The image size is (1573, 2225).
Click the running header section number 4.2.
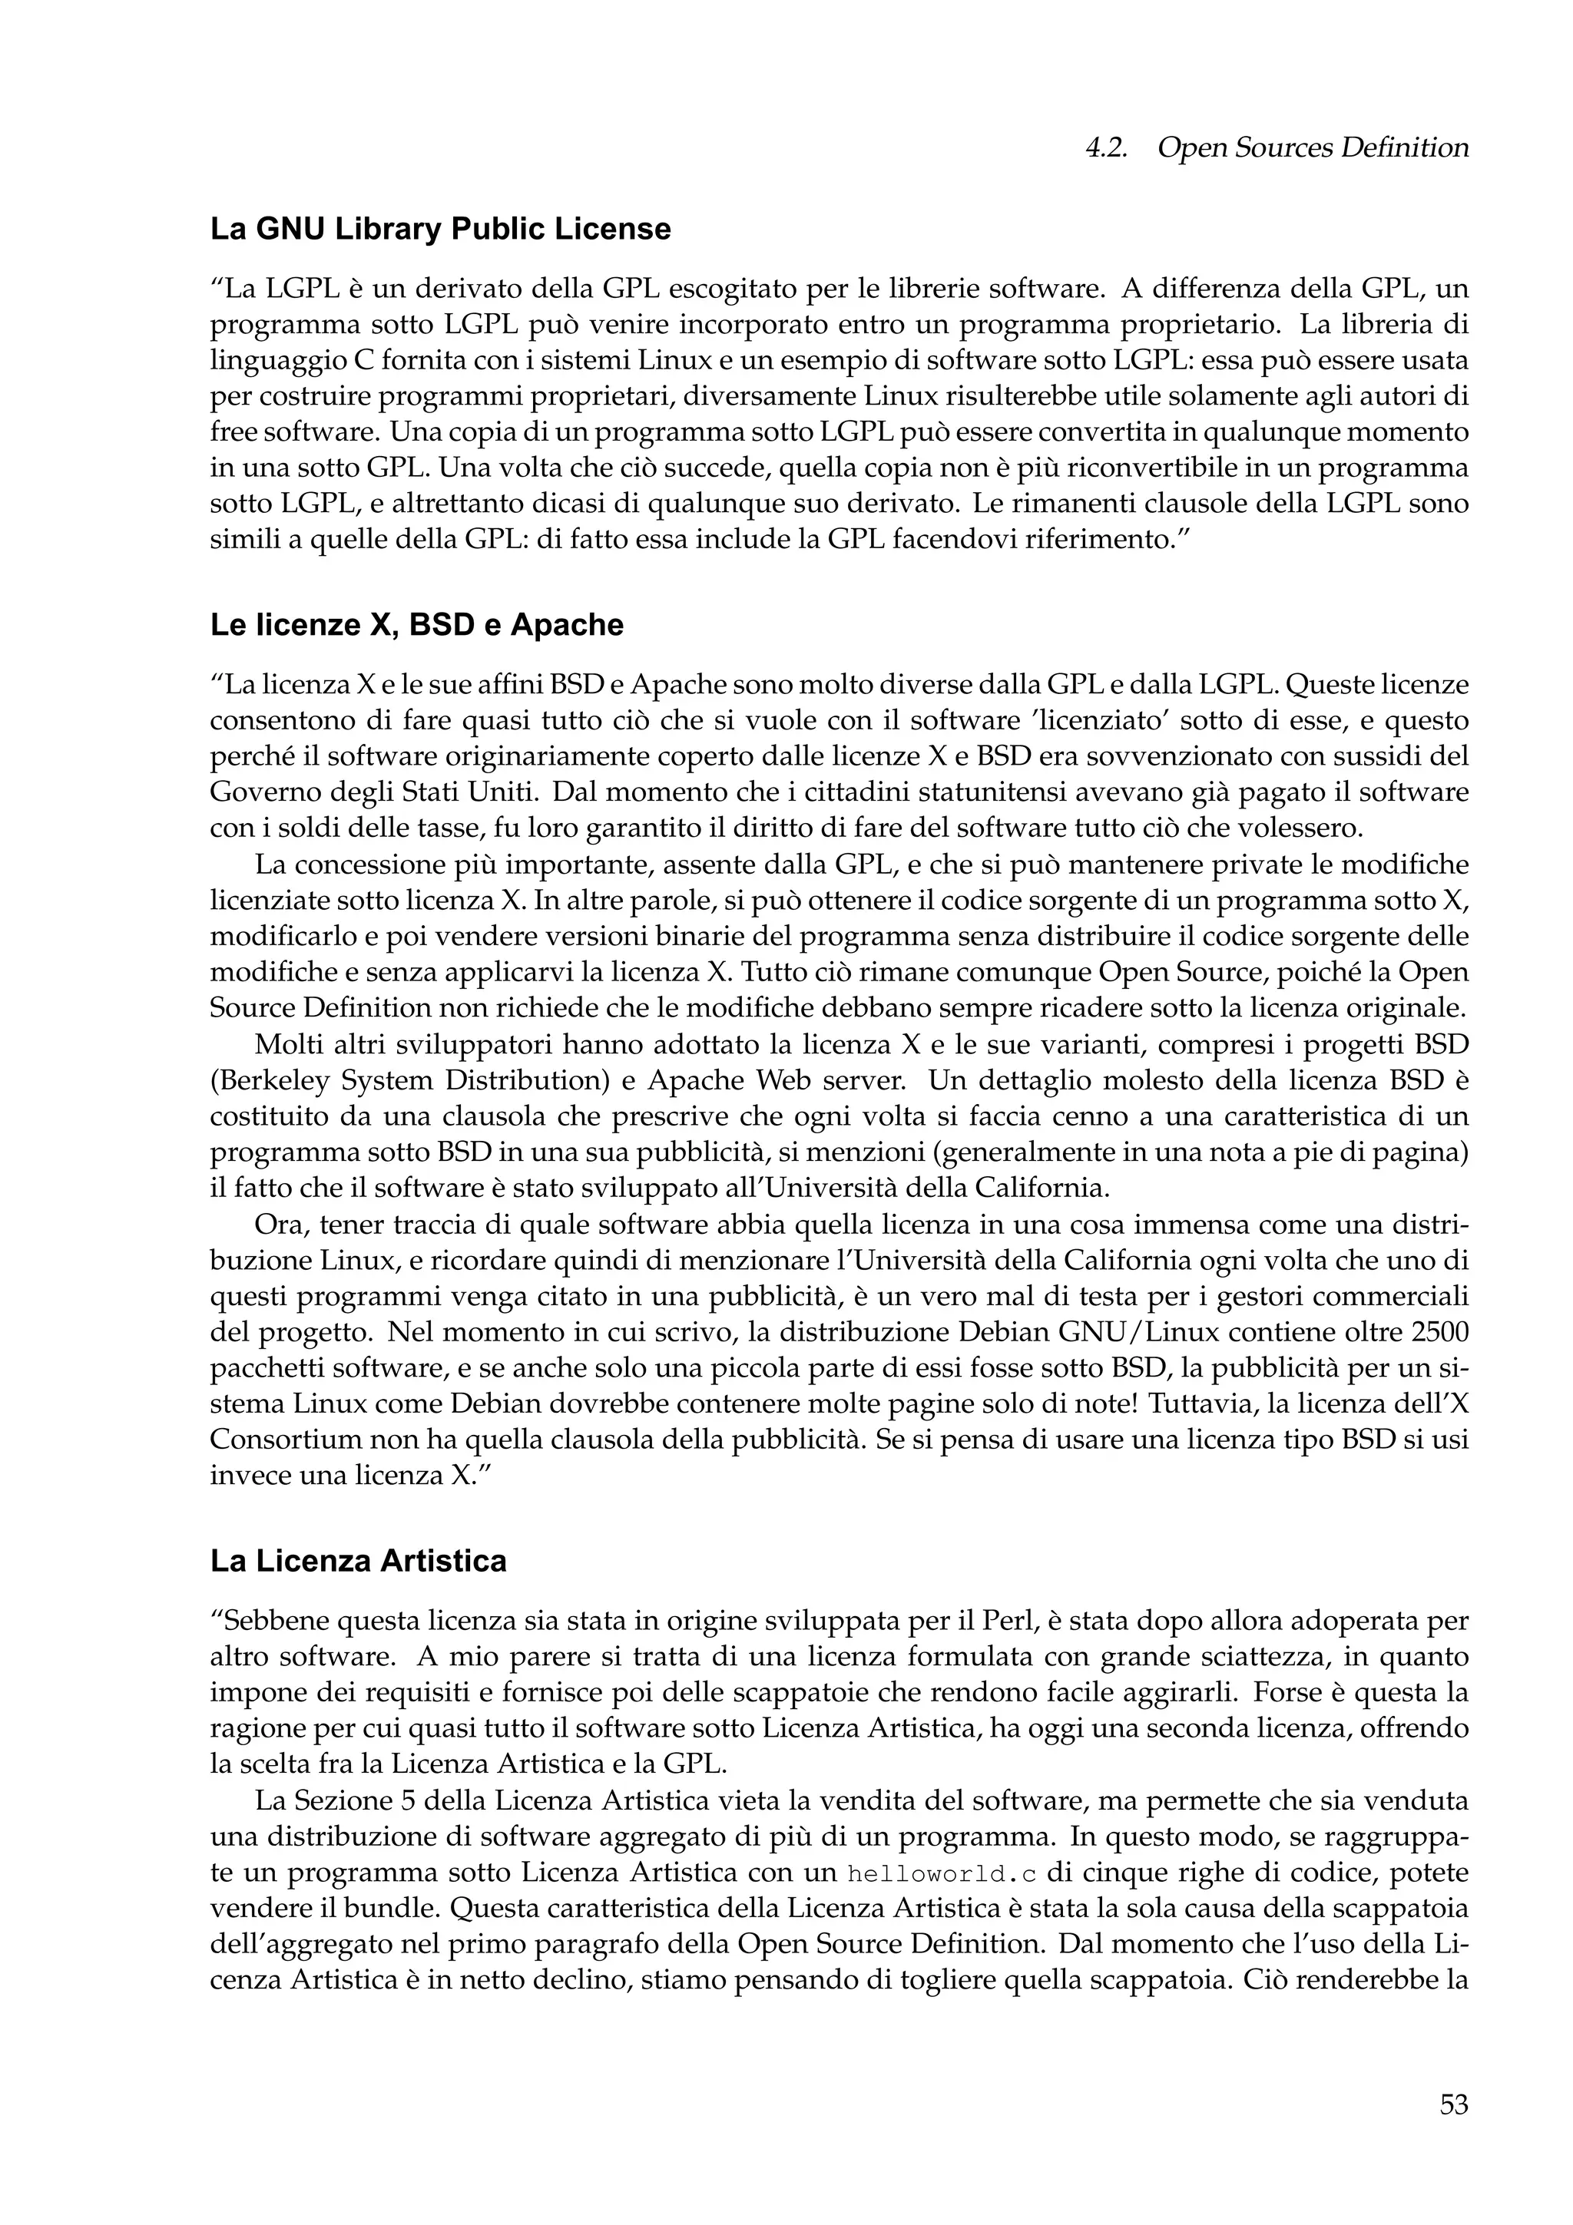pos(1105,148)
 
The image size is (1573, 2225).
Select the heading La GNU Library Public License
pos(440,230)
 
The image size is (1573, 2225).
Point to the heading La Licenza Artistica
pos(358,1561)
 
